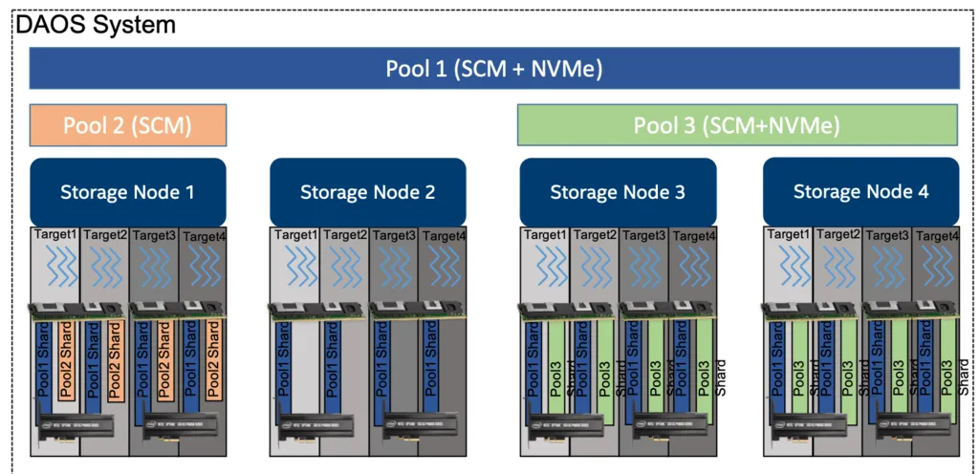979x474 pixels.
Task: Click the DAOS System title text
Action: click(96, 24)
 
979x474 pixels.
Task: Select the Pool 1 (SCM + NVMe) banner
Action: click(493, 68)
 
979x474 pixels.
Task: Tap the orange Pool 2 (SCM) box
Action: click(127, 124)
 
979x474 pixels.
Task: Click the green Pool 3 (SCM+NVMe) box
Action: click(736, 124)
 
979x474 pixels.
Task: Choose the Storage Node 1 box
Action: click(127, 191)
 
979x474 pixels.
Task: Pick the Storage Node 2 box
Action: click(367, 191)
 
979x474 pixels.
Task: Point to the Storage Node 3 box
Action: click(617, 191)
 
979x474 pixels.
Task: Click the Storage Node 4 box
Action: click(860, 191)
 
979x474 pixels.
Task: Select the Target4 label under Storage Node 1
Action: click(204, 235)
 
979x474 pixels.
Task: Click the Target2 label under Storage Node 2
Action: click(345, 234)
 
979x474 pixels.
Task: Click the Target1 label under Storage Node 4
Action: click(789, 234)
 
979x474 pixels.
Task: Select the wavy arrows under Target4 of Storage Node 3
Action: click(692, 265)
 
